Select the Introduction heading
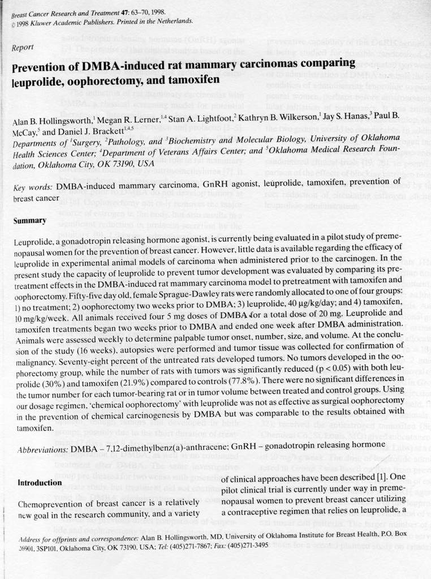coord(40,483)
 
